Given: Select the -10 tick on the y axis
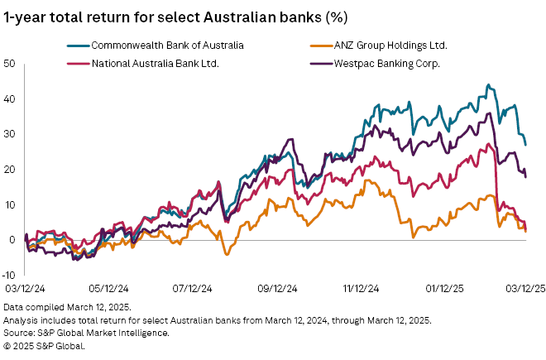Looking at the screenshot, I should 8,274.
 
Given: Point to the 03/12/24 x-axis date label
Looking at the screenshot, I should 25,289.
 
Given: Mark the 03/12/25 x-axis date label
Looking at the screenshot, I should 524,289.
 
